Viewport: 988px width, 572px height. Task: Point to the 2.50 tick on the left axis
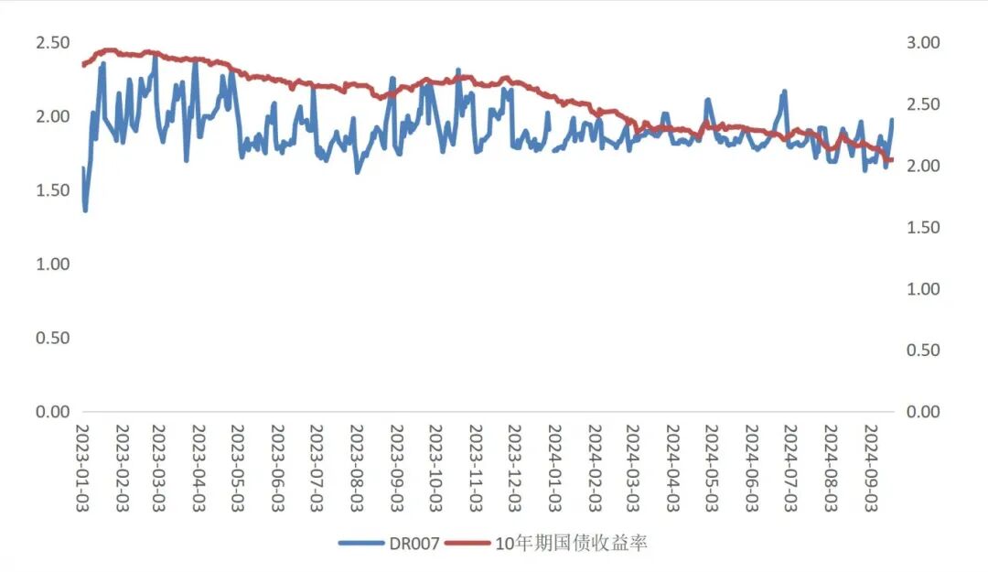(x=52, y=43)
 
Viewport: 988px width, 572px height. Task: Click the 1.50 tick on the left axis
(x=52, y=190)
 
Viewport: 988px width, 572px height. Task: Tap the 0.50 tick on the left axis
(x=52, y=339)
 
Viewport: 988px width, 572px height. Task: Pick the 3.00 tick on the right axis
(x=923, y=43)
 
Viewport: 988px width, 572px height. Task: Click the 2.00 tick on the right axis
(x=923, y=166)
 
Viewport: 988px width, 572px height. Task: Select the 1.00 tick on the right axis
(x=923, y=289)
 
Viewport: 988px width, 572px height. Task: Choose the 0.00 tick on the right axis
(x=923, y=412)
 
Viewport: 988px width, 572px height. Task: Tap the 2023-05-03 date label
(x=237, y=467)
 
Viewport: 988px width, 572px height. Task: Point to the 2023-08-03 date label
(x=356, y=467)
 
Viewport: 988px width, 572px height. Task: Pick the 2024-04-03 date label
(x=671, y=467)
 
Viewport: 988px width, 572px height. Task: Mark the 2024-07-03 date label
(x=789, y=467)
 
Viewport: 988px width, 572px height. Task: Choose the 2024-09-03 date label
(x=868, y=467)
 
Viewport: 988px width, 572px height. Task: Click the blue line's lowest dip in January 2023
(x=86, y=210)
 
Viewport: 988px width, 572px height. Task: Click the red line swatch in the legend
(x=467, y=544)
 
